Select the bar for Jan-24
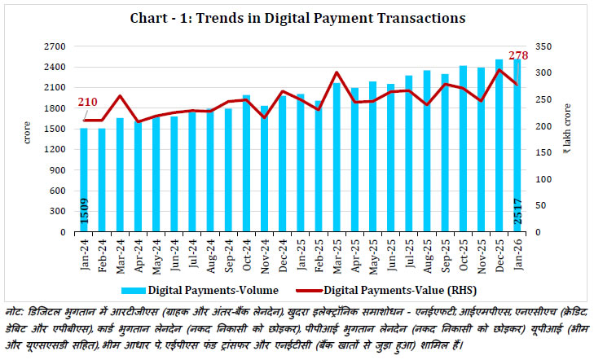83,180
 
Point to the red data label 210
88,103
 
